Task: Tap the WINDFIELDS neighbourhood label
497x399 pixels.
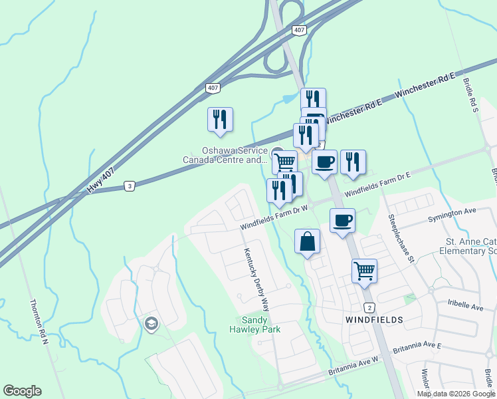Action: (374, 320)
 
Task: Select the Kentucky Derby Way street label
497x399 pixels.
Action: (256, 279)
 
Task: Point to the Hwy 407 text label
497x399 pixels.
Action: (100, 180)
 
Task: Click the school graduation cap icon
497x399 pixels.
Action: (151, 324)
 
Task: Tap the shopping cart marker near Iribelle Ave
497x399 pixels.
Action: (364, 271)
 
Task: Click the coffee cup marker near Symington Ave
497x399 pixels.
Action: (342, 221)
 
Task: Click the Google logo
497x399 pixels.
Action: (22, 391)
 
